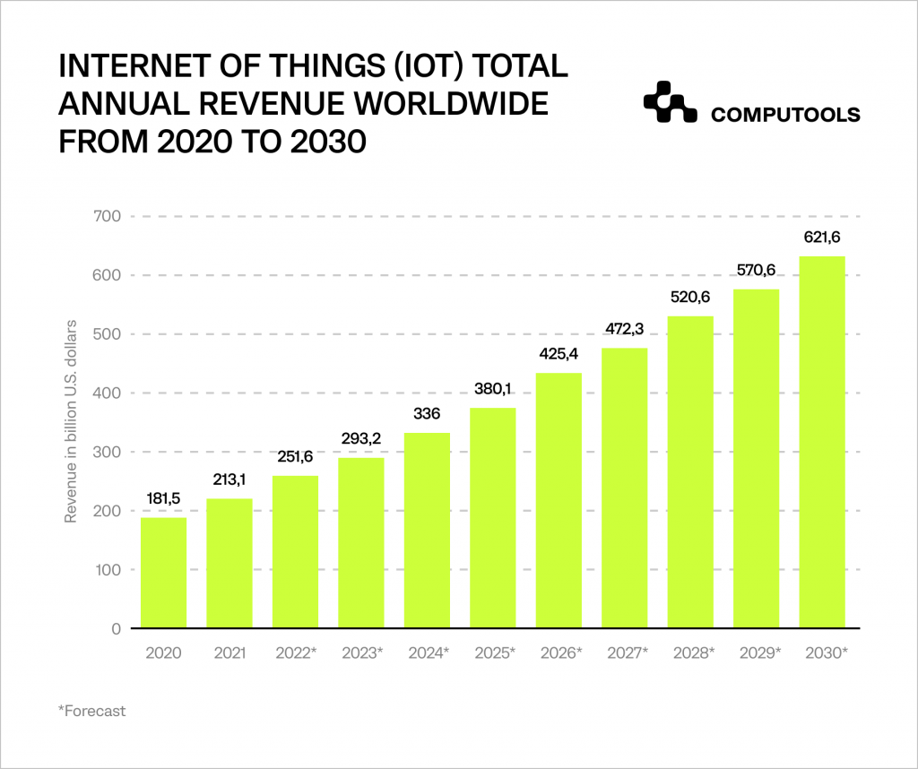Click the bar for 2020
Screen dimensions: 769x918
pos(163,573)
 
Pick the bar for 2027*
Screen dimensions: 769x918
pos(625,488)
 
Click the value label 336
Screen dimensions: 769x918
pos(427,415)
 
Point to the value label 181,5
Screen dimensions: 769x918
pos(163,499)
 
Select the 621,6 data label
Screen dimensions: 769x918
pos(822,238)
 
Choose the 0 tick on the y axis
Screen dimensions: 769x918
pos(116,628)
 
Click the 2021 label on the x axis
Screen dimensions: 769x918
pos(229,652)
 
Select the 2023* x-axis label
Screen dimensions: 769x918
pos(361,652)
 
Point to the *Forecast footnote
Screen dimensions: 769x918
pos(91,712)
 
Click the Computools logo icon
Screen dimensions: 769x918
pos(669,103)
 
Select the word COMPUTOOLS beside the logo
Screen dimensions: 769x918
pos(785,115)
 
